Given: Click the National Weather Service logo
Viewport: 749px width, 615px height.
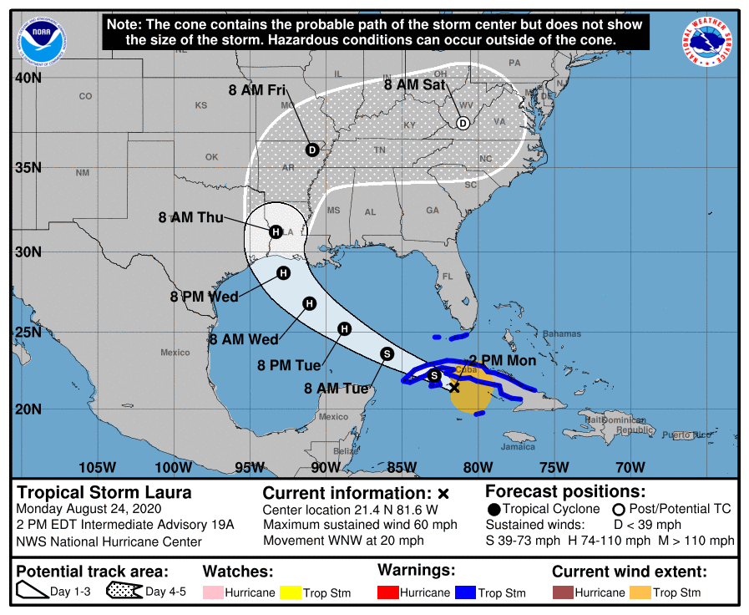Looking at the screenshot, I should (708, 40).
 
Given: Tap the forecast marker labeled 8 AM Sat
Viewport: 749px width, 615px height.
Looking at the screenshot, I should (463, 124).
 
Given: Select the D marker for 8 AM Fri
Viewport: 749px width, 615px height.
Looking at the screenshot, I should (311, 150).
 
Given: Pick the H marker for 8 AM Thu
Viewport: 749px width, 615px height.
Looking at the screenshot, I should (276, 231).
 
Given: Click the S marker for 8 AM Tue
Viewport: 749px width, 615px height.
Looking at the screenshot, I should (387, 353).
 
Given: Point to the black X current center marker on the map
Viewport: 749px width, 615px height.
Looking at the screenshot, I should (454, 387).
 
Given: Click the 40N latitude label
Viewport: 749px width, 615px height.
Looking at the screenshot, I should (30, 78).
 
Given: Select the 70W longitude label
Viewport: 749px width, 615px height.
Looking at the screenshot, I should (630, 466).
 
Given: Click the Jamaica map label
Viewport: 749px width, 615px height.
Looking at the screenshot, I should (518, 447).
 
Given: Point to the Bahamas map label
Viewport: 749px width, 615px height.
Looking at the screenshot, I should (561, 333).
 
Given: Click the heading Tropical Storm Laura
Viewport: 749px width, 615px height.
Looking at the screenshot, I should (104, 492).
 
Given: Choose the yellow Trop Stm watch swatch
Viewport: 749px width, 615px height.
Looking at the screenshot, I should (291, 592).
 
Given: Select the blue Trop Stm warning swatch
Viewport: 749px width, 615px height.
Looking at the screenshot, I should (465, 592).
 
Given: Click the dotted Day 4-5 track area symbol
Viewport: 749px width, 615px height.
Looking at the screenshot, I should (124, 592).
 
